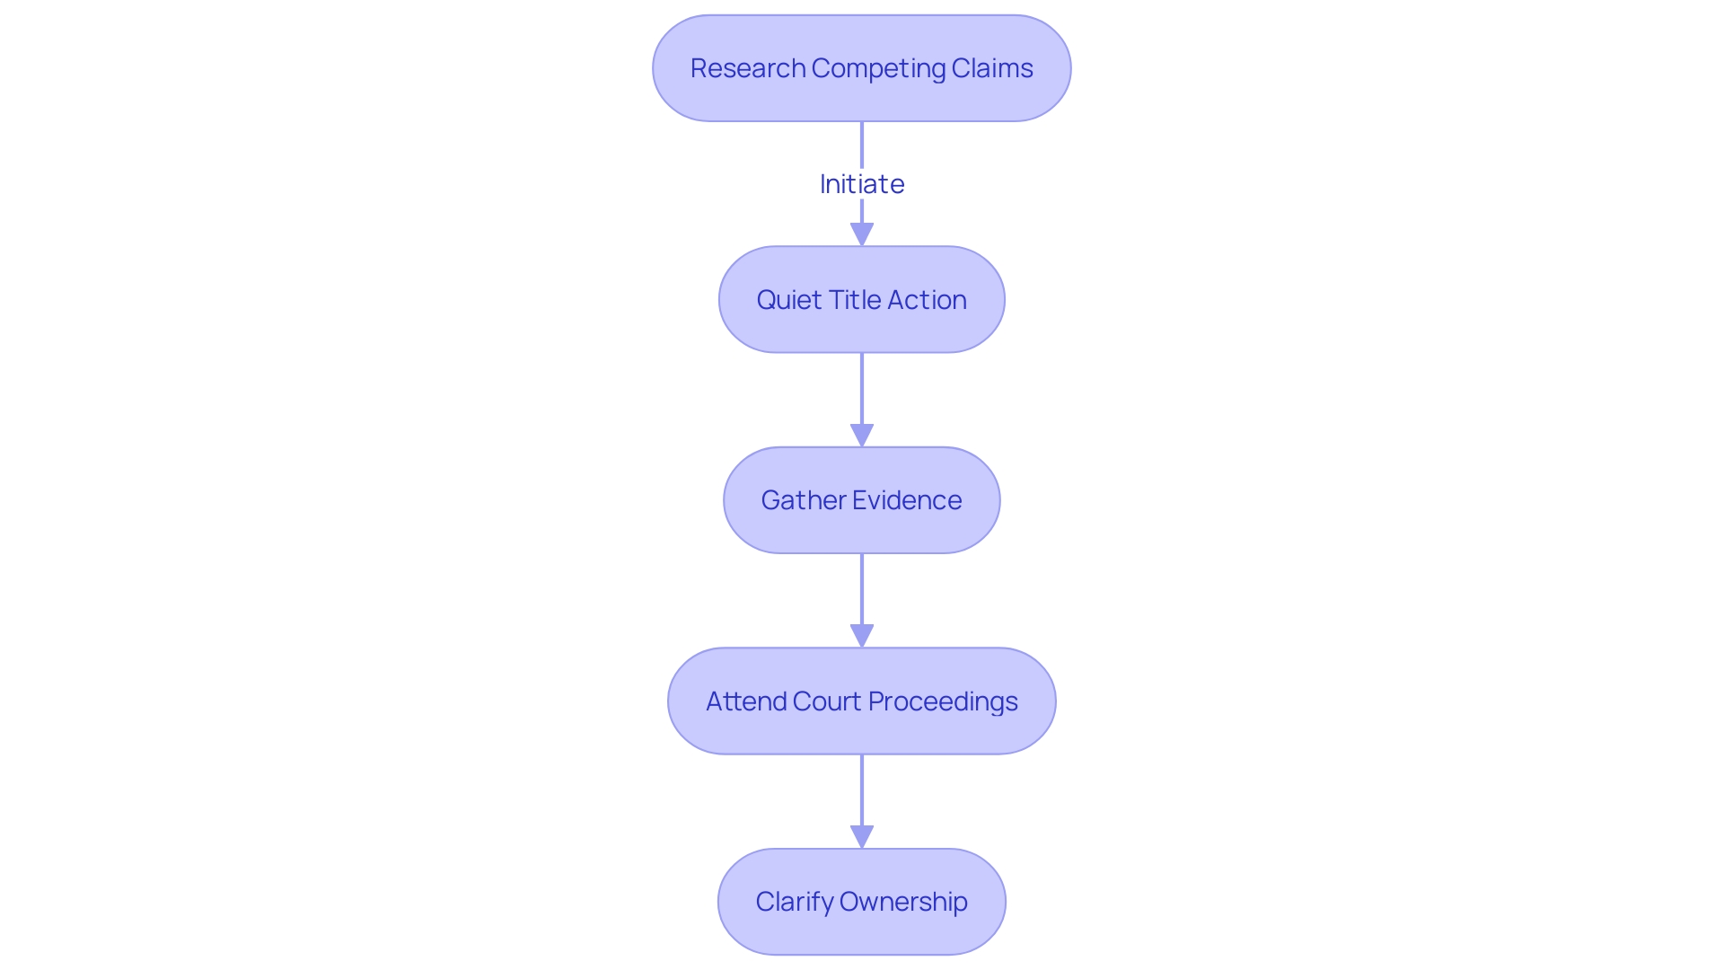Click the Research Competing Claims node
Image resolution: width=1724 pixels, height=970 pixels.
click(861, 68)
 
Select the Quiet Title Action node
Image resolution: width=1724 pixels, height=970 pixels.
click(861, 300)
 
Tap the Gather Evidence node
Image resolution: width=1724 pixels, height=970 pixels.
click(861, 500)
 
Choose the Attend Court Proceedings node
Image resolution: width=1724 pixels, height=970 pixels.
click(861, 701)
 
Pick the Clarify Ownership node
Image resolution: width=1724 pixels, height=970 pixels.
click(861, 902)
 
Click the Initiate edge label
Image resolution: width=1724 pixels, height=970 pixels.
click(861, 184)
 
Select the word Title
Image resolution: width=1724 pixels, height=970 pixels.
click(855, 300)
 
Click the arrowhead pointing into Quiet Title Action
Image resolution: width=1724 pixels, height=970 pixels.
click(861, 235)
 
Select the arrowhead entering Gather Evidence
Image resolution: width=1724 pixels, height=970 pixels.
click(861, 436)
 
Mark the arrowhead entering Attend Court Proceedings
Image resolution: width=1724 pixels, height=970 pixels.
click(861, 637)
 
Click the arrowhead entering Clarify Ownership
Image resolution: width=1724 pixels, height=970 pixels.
click(861, 838)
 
